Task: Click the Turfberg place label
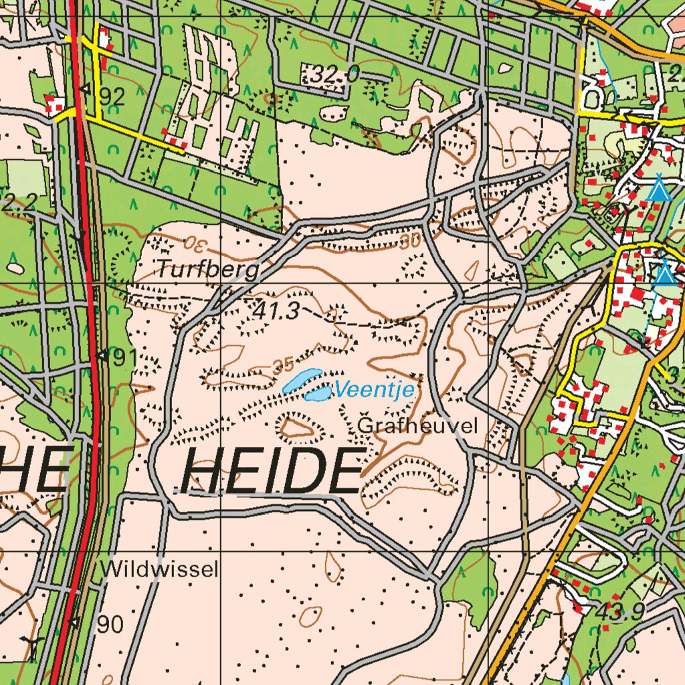208,270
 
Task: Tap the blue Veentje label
375,389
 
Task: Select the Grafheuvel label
419,425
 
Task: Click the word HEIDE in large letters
271,471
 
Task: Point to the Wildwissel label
160,570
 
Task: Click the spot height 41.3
275,310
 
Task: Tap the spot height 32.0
334,76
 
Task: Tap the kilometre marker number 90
110,625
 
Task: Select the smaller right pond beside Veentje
317,393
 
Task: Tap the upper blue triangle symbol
659,190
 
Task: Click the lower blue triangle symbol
664,274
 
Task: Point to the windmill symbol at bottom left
30,648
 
